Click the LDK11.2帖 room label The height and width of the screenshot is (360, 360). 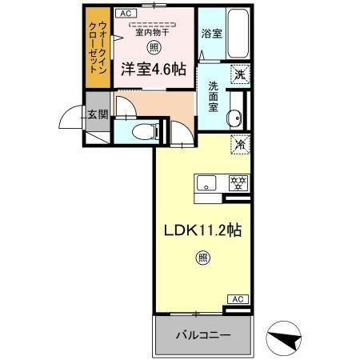[203, 229]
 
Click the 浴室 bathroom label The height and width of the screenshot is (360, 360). [213, 34]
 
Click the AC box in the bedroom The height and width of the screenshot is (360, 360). [126, 14]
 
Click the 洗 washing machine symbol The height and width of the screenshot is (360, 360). [238, 75]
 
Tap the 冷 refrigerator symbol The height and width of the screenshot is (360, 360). [238, 146]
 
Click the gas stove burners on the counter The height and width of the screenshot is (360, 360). [237, 182]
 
